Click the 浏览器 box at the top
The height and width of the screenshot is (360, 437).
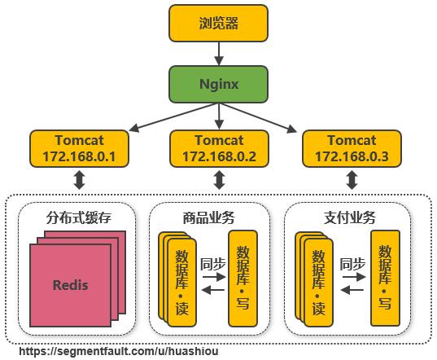pyautogui.click(x=218, y=23)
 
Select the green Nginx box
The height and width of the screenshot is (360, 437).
pyautogui.click(x=218, y=84)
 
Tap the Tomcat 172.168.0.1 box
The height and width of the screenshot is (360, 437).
pyautogui.click(x=79, y=147)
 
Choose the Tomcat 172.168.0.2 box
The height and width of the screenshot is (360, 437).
pyautogui.click(x=218, y=147)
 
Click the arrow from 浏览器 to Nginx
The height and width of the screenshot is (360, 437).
pyautogui.click(x=218, y=53)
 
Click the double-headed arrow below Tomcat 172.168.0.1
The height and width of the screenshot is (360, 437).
pyautogui.click(x=79, y=180)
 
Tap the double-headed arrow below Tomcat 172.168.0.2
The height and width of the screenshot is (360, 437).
pyautogui.click(x=218, y=180)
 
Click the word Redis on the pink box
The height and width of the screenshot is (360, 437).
pyautogui.click(x=70, y=285)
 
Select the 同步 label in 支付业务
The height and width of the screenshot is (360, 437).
pyautogui.click(x=352, y=263)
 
